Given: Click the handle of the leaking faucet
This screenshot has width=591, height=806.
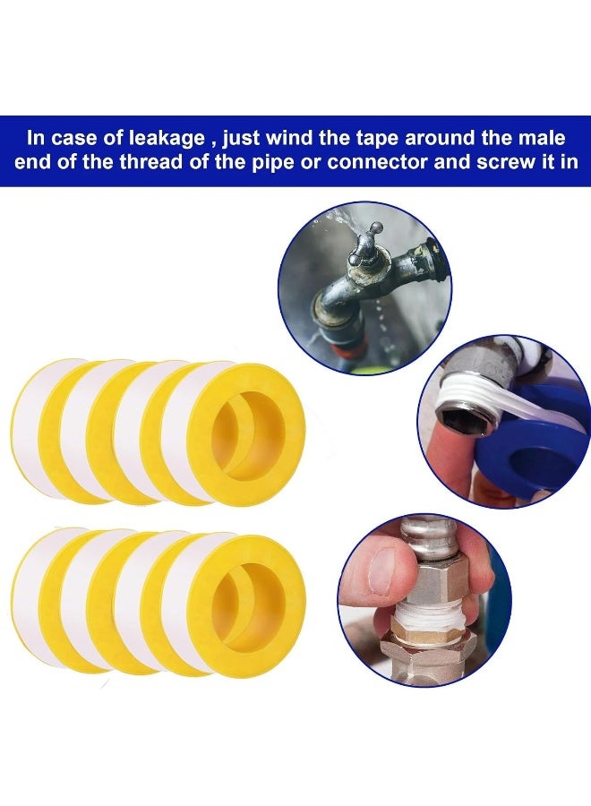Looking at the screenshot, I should pos(370,242).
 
